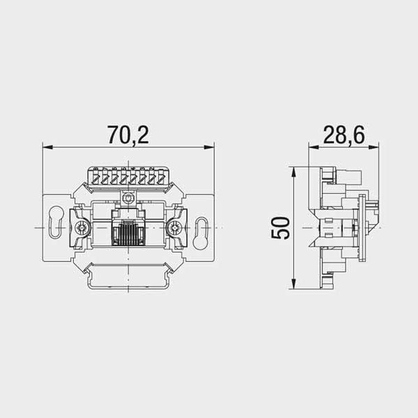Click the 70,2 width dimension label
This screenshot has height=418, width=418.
click(128, 134)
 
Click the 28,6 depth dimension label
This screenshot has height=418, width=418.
click(343, 134)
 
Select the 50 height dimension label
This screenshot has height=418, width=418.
click(280, 229)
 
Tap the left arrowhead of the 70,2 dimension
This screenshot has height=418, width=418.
click(47, 147)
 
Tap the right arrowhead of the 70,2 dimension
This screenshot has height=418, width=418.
click(209, 147)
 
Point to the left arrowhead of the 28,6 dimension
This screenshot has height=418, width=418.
click(313, 147)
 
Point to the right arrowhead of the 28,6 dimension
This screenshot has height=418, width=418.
click(373, 147)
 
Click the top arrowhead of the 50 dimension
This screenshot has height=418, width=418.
click(293, 172)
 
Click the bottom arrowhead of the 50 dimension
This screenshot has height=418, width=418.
click(293, 284)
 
